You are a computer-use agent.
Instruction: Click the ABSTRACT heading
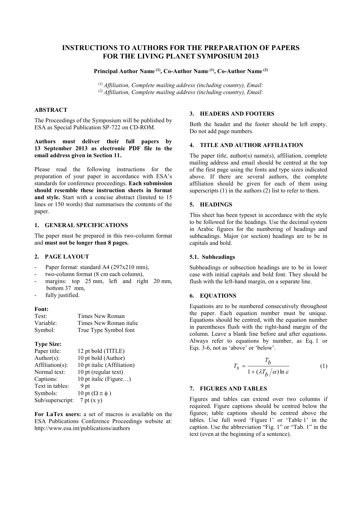point(51,110)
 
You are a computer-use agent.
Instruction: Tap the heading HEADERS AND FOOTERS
point(237,114)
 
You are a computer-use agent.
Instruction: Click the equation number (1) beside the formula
point(323,366)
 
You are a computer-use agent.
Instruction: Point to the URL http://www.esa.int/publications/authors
point(82,428)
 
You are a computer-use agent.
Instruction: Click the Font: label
point(41,309)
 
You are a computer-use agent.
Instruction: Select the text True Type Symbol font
point(106,330)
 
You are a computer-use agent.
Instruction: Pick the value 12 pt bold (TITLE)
point(101,351)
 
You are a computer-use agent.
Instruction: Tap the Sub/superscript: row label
point(54,400)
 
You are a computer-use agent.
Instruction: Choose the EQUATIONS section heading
point(218,296)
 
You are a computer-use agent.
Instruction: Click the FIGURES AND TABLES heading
point(233,388)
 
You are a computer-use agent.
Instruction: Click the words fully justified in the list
point(62,295)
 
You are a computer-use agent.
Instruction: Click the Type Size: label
point(48,344)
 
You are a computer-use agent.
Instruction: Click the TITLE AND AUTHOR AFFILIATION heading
point(251,145)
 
